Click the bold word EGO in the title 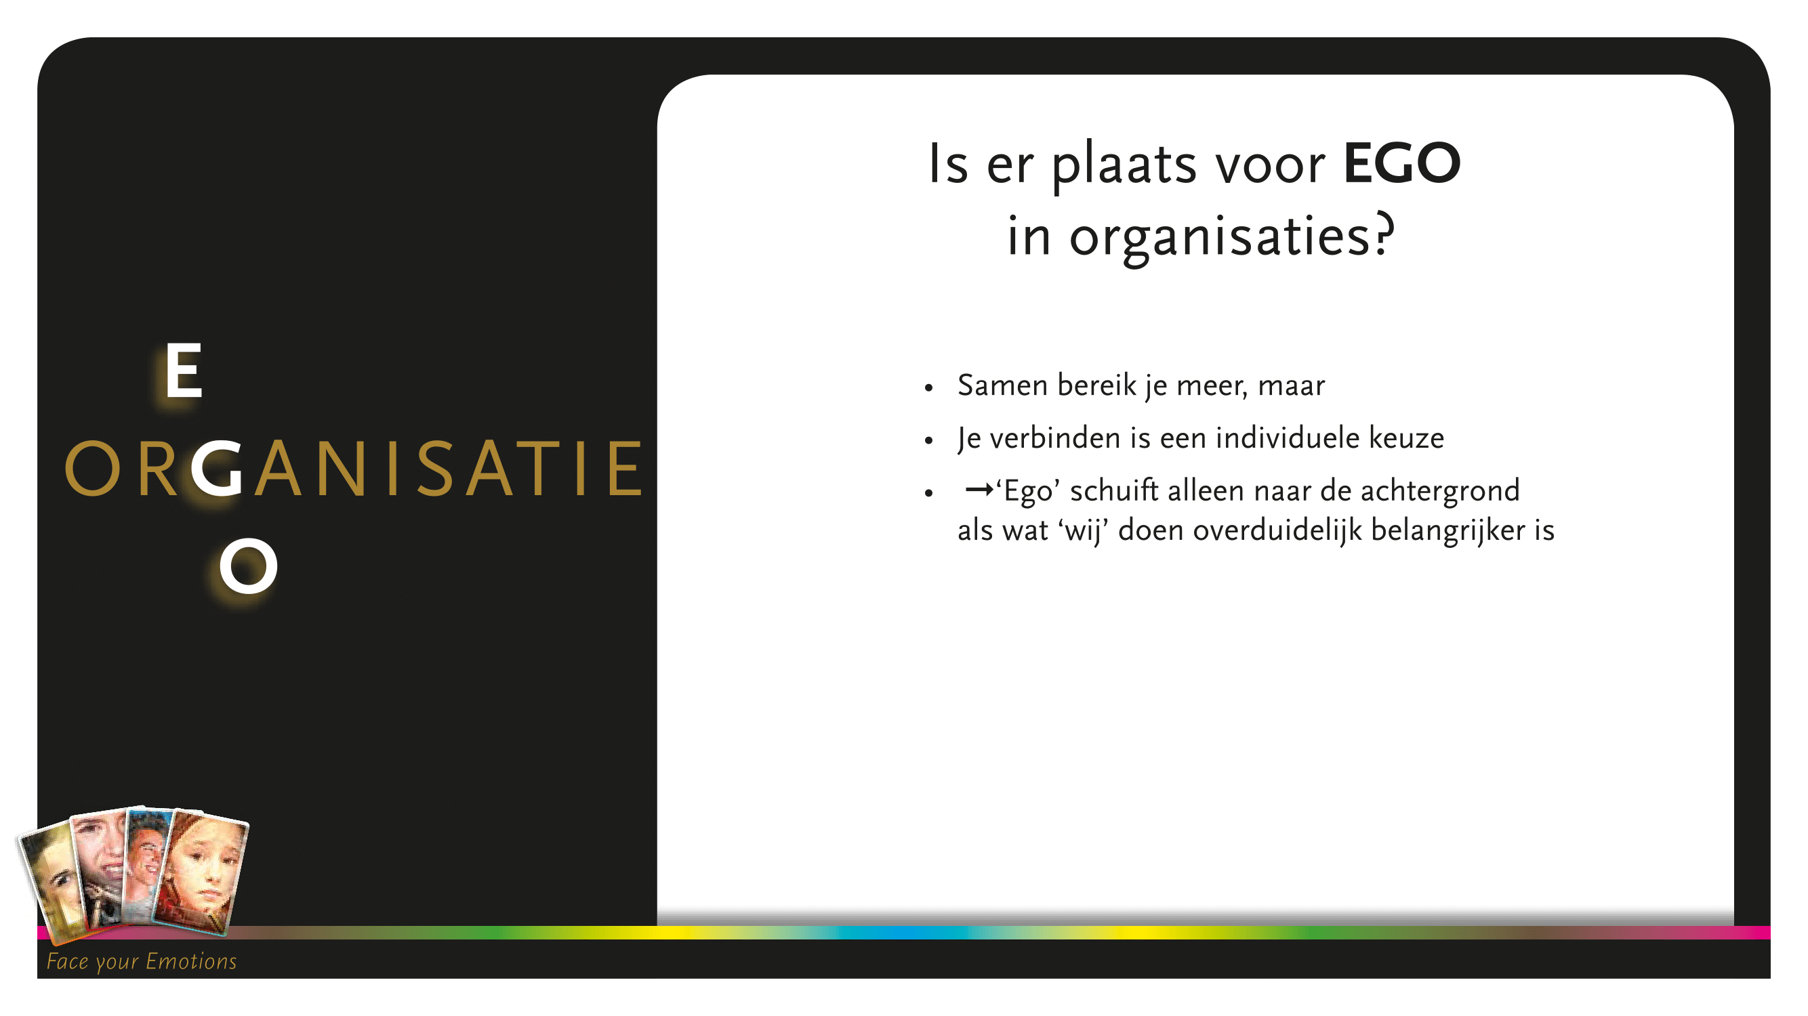tap(1401, 163)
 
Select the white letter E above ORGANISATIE tap(184, 371)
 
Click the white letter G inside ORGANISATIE tap(217, 468)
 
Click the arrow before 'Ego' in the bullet tap(980, 490)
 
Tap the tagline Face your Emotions tap(142, 961)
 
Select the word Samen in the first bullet tap(1002, 385)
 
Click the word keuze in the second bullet tap(1407, 438)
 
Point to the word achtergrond tap(1440, 491)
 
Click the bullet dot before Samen tap(928, 387)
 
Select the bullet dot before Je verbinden tap(928, 440)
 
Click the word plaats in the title tap(1124, 165)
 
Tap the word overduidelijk tap(1277, 530)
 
